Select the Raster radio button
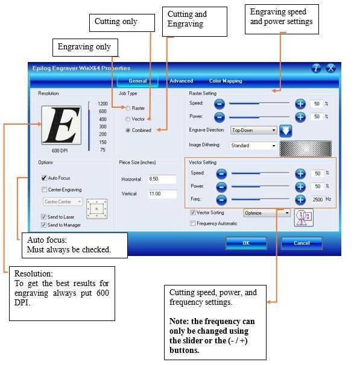click(x=128, y=108)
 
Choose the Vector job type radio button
click(x=128, y=119)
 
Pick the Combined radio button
click(x=128, y=130)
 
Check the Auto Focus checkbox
click(x=44, y=178)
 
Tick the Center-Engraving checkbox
click(x=44, y=190)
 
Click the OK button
click(x=246, y=243)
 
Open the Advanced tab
click(x=181, y=81)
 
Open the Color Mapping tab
click(x=226, y=81)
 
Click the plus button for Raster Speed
click(x=300, y=104)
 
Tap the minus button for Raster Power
click(x=219, y=117)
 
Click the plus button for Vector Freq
click(x=300, y=200)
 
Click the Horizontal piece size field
click(x=162, y=179)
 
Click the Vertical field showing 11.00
click(x=162, y=194)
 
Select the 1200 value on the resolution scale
click(x=103, y=104)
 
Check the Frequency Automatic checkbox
click(x=193, y=223)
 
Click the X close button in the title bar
click(x=330, y=68)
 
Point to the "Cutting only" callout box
click(x=122, y=23)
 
